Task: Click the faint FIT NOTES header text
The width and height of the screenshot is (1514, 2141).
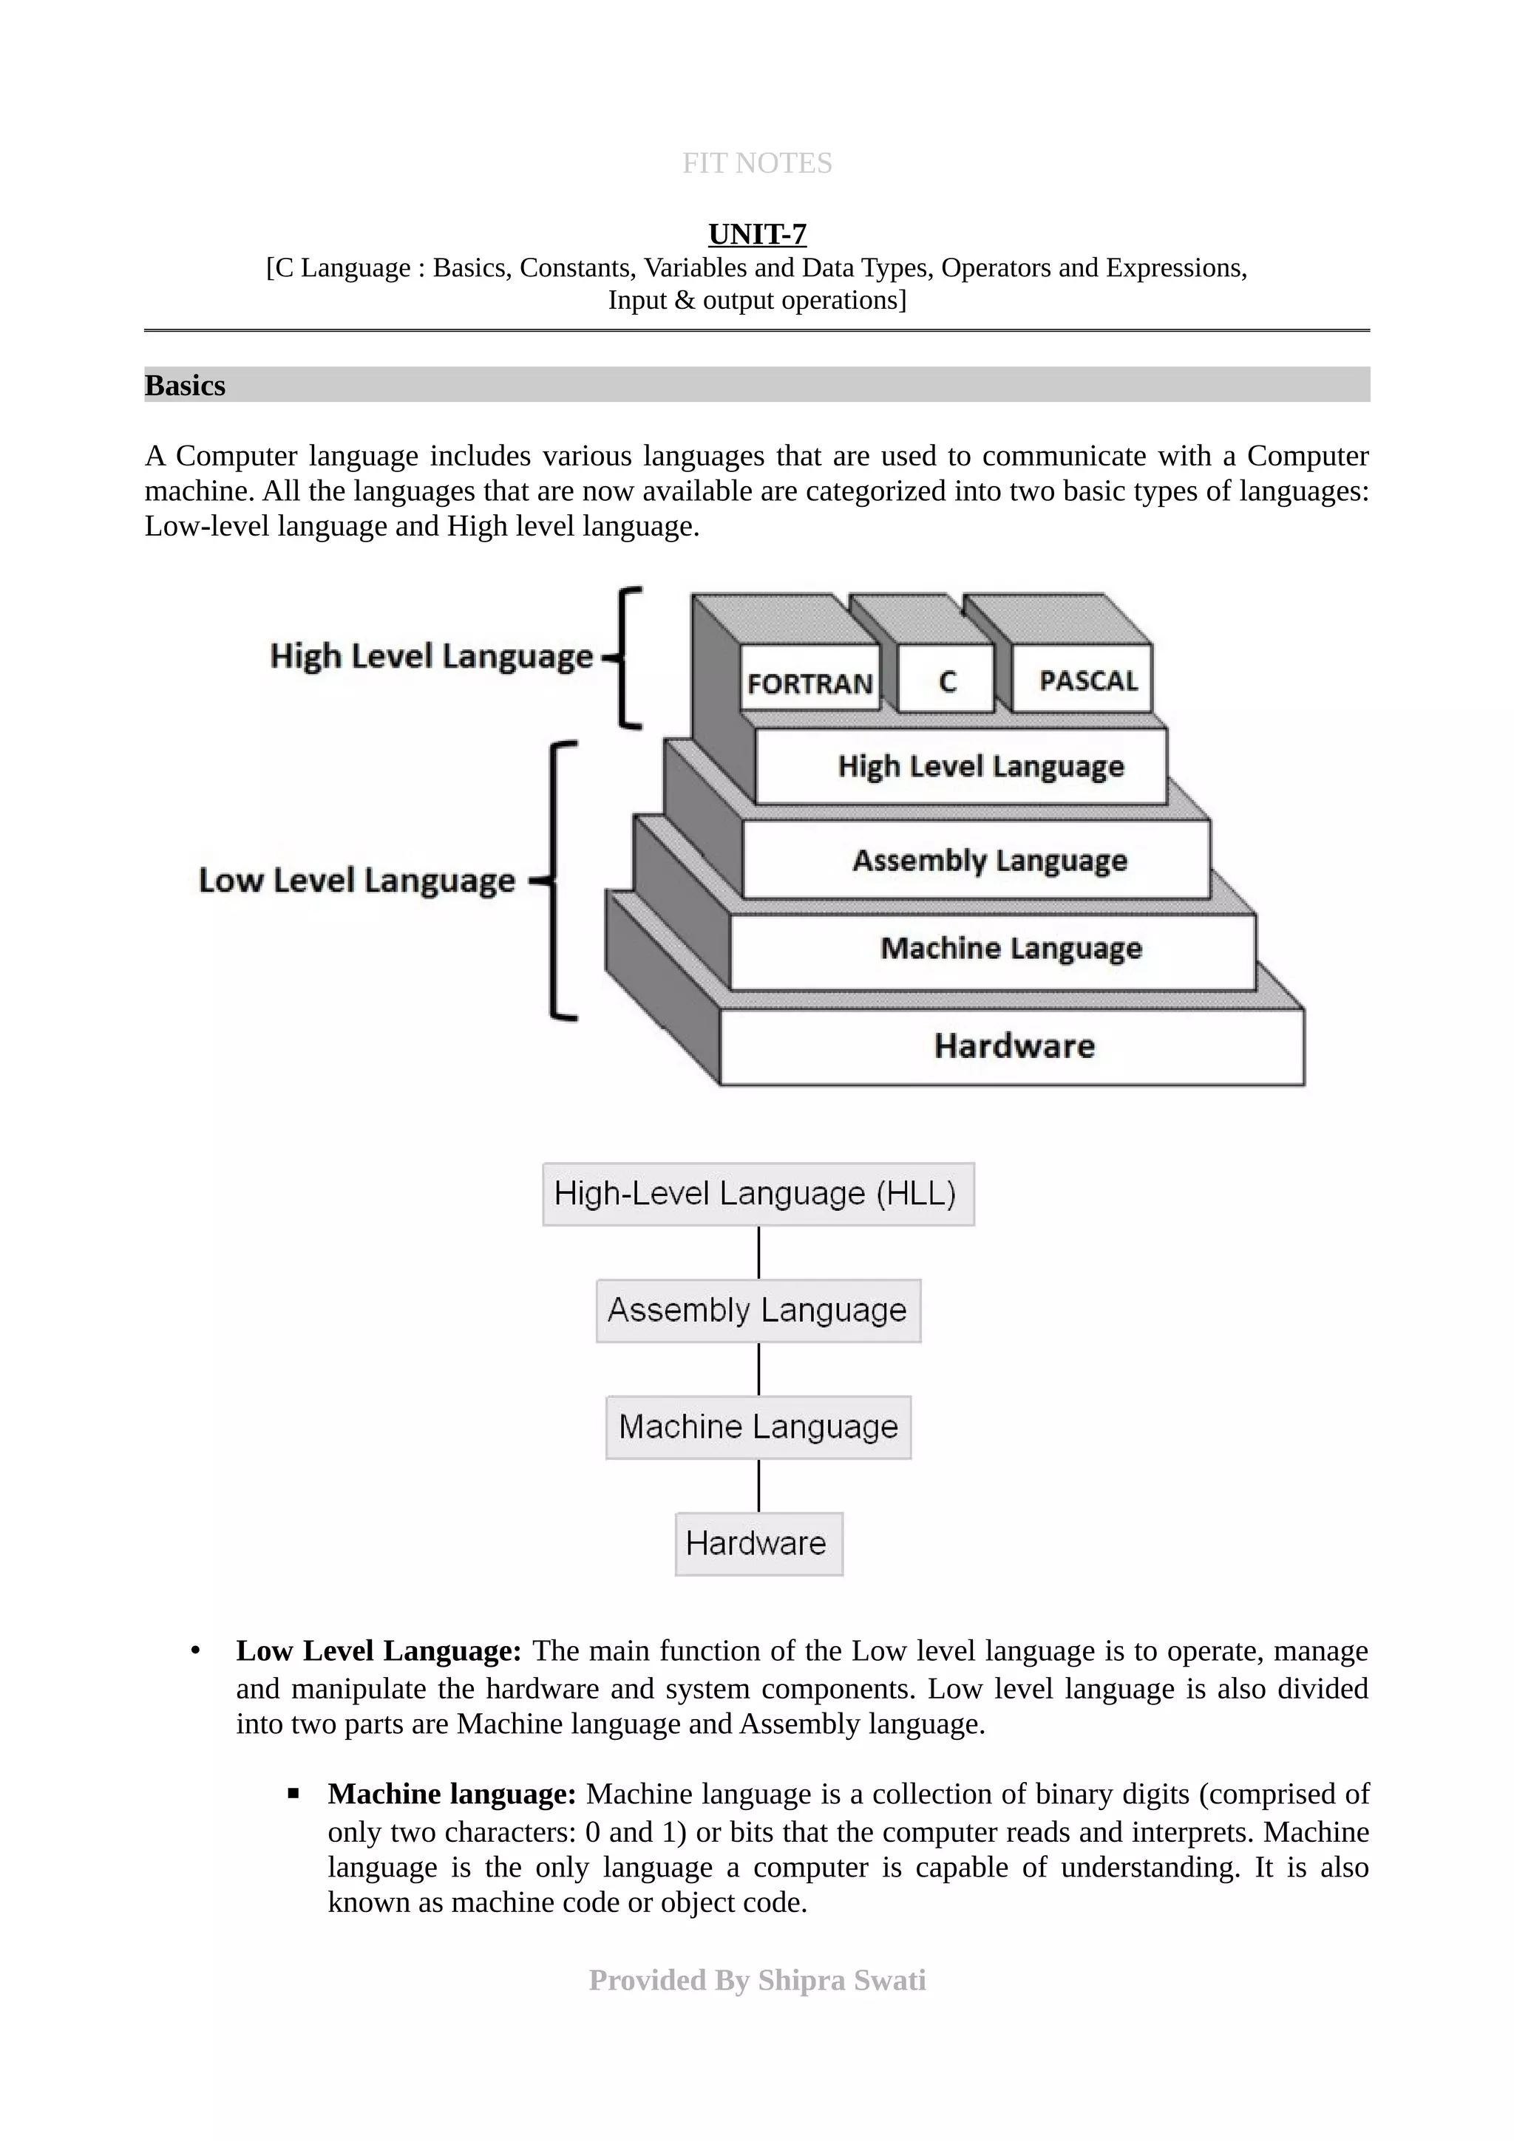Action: click(756, 163)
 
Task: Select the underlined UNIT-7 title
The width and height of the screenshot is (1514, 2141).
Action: click(756, 234)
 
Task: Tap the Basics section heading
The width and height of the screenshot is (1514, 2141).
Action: click(185, 385)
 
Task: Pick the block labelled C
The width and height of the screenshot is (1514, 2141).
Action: click(946, 680)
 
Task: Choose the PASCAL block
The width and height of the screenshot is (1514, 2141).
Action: click(1087, 680)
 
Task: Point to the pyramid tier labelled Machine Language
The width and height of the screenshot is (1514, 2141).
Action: click(1011, 949)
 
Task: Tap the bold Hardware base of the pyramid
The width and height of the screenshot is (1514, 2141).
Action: click(1014, 1046)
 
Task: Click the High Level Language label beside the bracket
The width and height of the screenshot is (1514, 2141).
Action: click(431, 655)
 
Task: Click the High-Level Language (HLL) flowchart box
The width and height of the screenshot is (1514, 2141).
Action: click(758, 1194)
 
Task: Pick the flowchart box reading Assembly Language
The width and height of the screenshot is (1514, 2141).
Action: click(758, 1310)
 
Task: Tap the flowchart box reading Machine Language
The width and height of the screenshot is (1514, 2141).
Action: click(758, 1427)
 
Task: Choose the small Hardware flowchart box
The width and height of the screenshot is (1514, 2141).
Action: click(758, 1543)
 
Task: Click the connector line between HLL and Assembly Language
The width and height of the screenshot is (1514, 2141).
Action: click(758, 1252)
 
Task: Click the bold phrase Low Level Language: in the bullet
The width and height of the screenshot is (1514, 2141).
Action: click(378, 1650)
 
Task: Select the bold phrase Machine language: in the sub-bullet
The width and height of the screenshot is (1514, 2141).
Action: click(452, 1794)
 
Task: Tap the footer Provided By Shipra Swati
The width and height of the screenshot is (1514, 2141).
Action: click(756, 1981)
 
